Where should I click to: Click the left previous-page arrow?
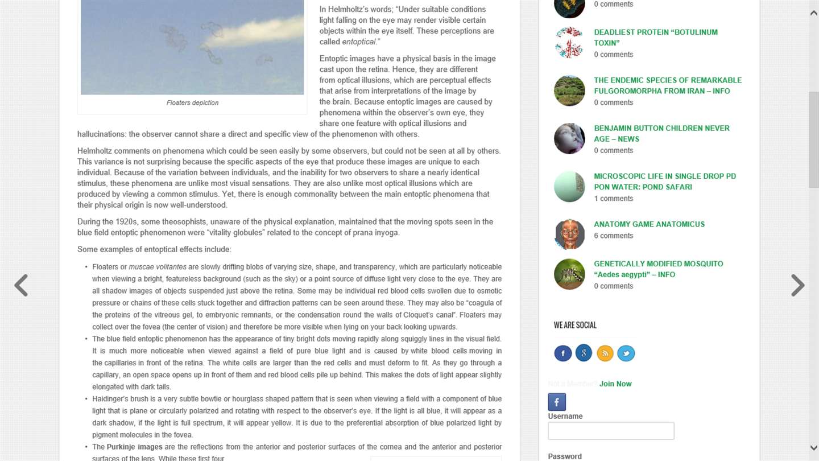click(x=21, y=285)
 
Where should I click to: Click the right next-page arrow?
click(x=797, y=285)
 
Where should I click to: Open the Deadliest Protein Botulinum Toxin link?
click(x=655, y=38)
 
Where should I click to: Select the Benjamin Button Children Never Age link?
click(x=661, y=134)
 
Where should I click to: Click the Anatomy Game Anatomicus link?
click(x=649, y=224)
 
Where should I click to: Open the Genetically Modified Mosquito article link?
click(x=658, y=269)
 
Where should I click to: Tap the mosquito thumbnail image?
click(x=569, y=274)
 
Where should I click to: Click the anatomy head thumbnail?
click(x=569, y=234)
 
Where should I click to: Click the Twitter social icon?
click(x=626, y=353)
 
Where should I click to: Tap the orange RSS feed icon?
click(x=605, y=353)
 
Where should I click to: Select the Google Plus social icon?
click(x=584, y=353)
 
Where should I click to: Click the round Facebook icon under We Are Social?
click(x=562, y=353)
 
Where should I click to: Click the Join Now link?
click(x=615, y=384)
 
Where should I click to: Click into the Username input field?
click(x=611, y=431)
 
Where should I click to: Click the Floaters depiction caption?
click(x=192, y=103)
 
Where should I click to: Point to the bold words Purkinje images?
click(x=134, y=447)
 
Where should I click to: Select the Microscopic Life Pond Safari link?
click(x=664, y=182)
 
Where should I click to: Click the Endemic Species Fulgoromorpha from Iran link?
click(x=667, y=85)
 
